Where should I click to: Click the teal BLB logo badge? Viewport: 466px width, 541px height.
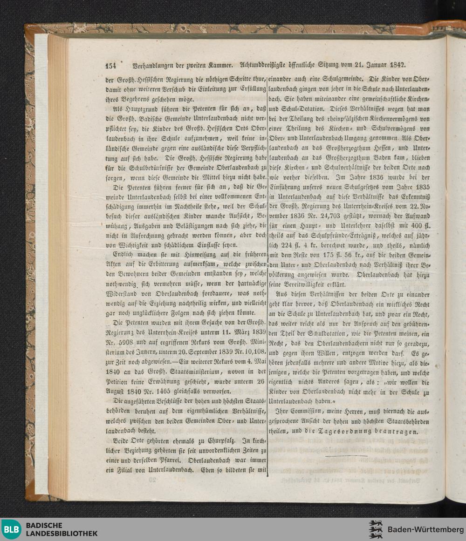[11, 529]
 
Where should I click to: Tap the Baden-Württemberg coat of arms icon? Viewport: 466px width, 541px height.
[376, 529]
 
